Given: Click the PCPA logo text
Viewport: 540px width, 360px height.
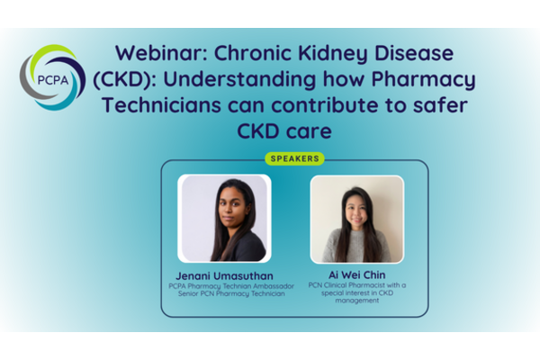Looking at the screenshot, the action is click(x=53, y=80).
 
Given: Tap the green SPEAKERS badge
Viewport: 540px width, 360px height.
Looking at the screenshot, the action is click(x=295, y=158).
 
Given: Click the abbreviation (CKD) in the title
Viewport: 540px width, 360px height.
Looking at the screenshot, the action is click(x=124, y=79).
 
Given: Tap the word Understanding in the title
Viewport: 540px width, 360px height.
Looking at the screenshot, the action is click(x=239, y=80).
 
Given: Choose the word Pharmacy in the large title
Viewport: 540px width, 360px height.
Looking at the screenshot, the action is click(x=424, y=80).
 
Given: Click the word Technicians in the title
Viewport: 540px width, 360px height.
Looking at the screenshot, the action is click(x=161, y=105).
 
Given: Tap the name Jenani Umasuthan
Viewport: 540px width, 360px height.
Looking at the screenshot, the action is click(x=224, y=275).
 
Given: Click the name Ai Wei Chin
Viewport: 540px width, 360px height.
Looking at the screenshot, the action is click(x=356, y=274).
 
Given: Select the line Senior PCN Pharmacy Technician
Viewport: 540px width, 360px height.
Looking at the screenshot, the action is click(x=231, y=294).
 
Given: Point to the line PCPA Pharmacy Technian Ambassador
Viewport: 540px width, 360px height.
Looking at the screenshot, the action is click(x=231, y=286).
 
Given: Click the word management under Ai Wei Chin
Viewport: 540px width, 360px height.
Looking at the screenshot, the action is click(x=357, y=301).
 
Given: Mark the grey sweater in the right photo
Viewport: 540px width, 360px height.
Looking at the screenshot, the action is click(x=356, y=246).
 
